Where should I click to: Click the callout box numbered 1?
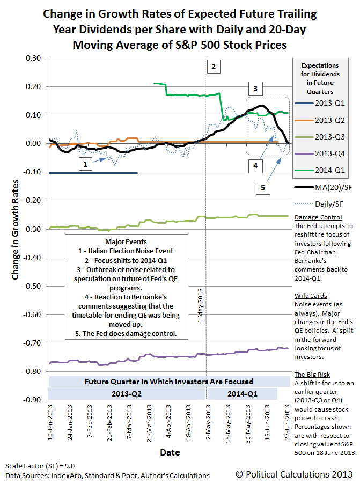[x=84, y=165]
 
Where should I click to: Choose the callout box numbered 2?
[x=214, y=67]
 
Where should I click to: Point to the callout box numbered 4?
[x=255, y=166]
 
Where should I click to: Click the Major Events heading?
[x=127, y=241]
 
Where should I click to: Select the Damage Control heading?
[x=319, y=217]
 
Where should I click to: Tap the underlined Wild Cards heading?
[x=311, y=296]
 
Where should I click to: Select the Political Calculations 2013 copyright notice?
[x=294, y=474]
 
